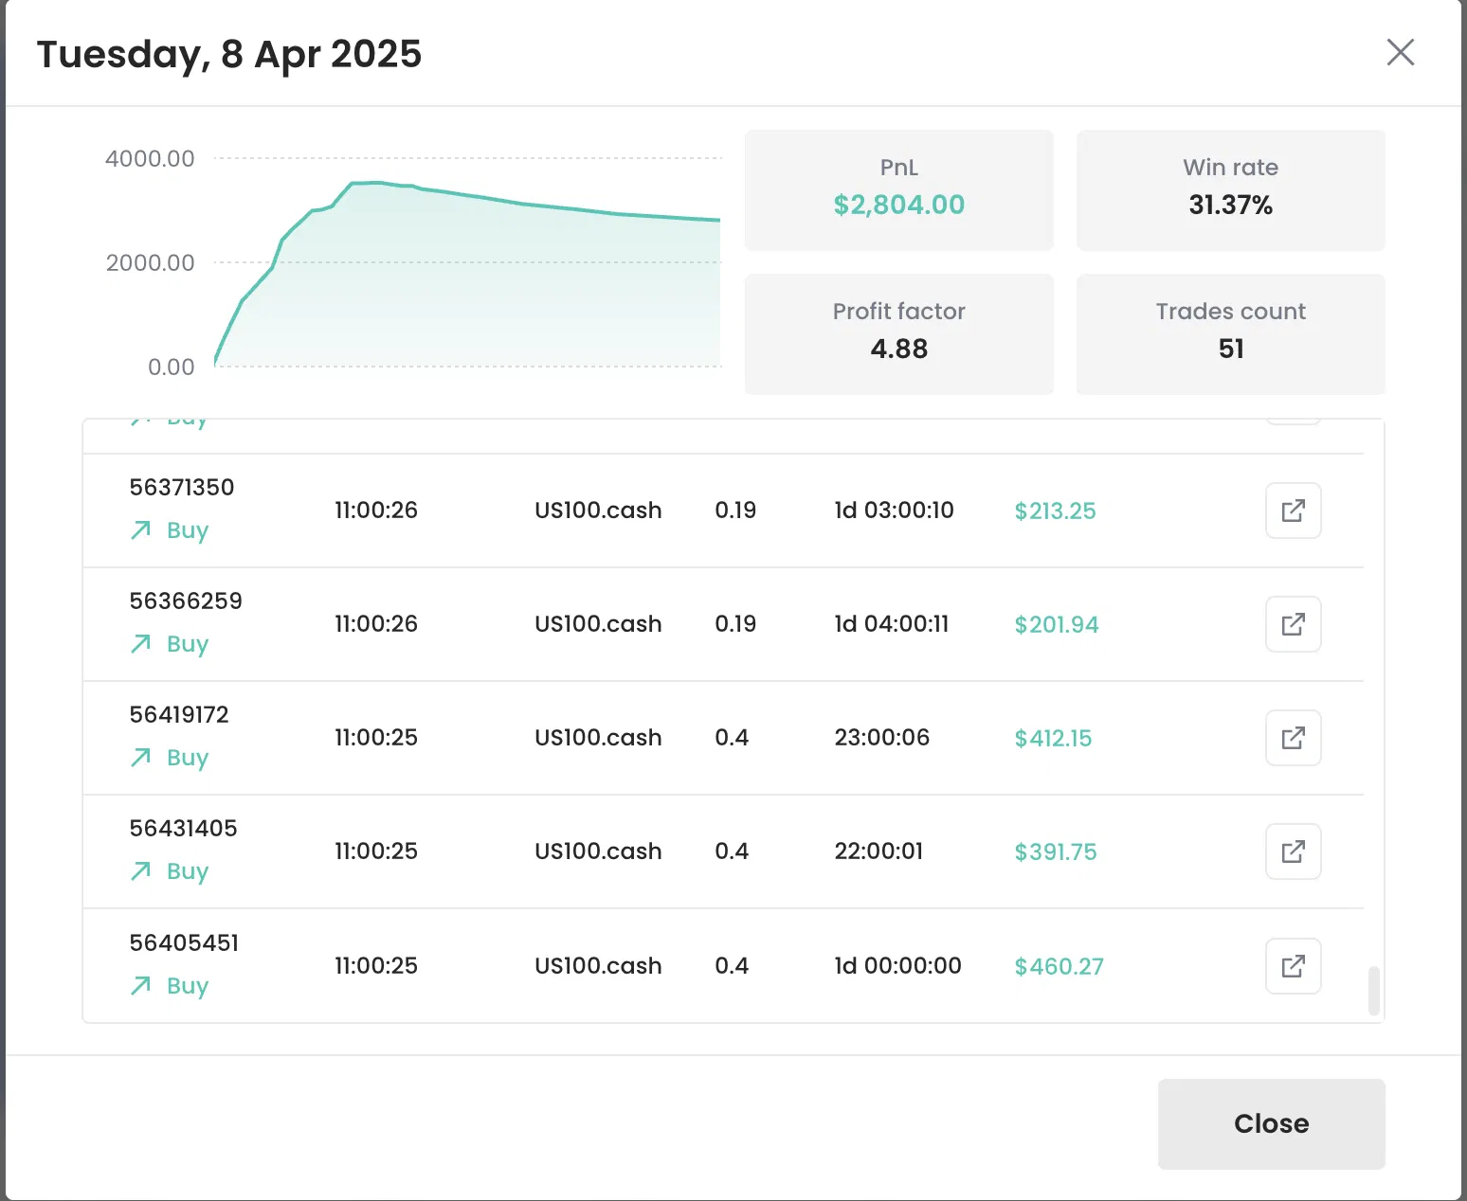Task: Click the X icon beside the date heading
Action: [1401, 52]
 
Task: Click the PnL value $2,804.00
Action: [898, 205]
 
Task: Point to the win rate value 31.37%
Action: [1230, 205]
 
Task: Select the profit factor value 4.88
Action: [898, 349]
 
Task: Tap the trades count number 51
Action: [1230, 349]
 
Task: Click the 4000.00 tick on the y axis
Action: [150, 158]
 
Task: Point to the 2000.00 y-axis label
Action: [150, 263]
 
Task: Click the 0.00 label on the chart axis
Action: [172, 367]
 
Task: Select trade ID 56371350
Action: [182, 488]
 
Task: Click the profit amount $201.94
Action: [1056, 624]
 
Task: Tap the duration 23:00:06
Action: [882, 737]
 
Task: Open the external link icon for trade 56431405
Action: [1294, 851]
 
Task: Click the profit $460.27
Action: [1059, 966]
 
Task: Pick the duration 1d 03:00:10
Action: [894, 511]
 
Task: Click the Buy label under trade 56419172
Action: [187, 758]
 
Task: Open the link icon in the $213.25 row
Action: [1294, 511]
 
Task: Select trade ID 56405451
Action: [184, 943]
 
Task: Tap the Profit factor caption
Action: [898, 312]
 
